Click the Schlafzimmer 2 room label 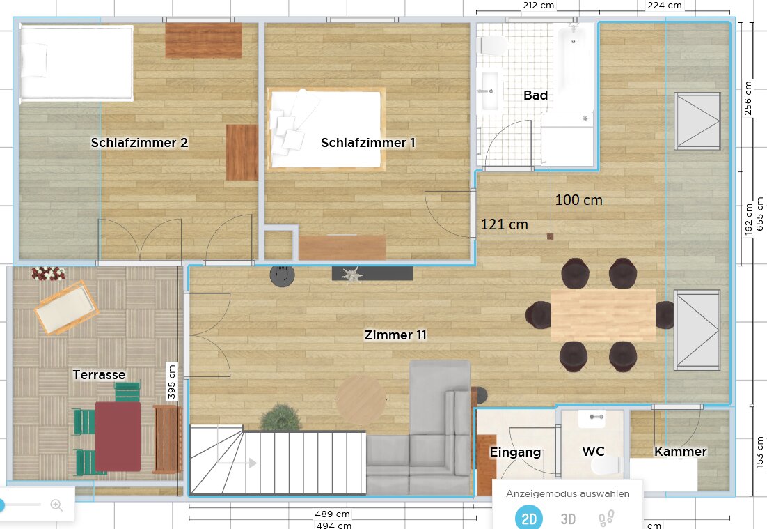[139, 143]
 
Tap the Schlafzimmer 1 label [368, 143]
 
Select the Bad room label [536, 95]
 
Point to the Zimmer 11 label [395, 335]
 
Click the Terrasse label [100, 375]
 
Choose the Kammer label [681, 451]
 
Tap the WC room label [594, 451]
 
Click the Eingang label [515, 452]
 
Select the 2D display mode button [529, 518]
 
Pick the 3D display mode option [568, 519]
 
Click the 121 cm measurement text [505, 224]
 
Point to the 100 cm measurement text [578, 200]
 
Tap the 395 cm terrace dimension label [171, 381]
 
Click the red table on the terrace [118, 436]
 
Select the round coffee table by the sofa [361, 399]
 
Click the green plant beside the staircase [280, 417]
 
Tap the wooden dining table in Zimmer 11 [603, 315]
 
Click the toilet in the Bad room [493, 45]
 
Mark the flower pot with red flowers [49, 273]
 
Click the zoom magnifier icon [57, 505]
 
